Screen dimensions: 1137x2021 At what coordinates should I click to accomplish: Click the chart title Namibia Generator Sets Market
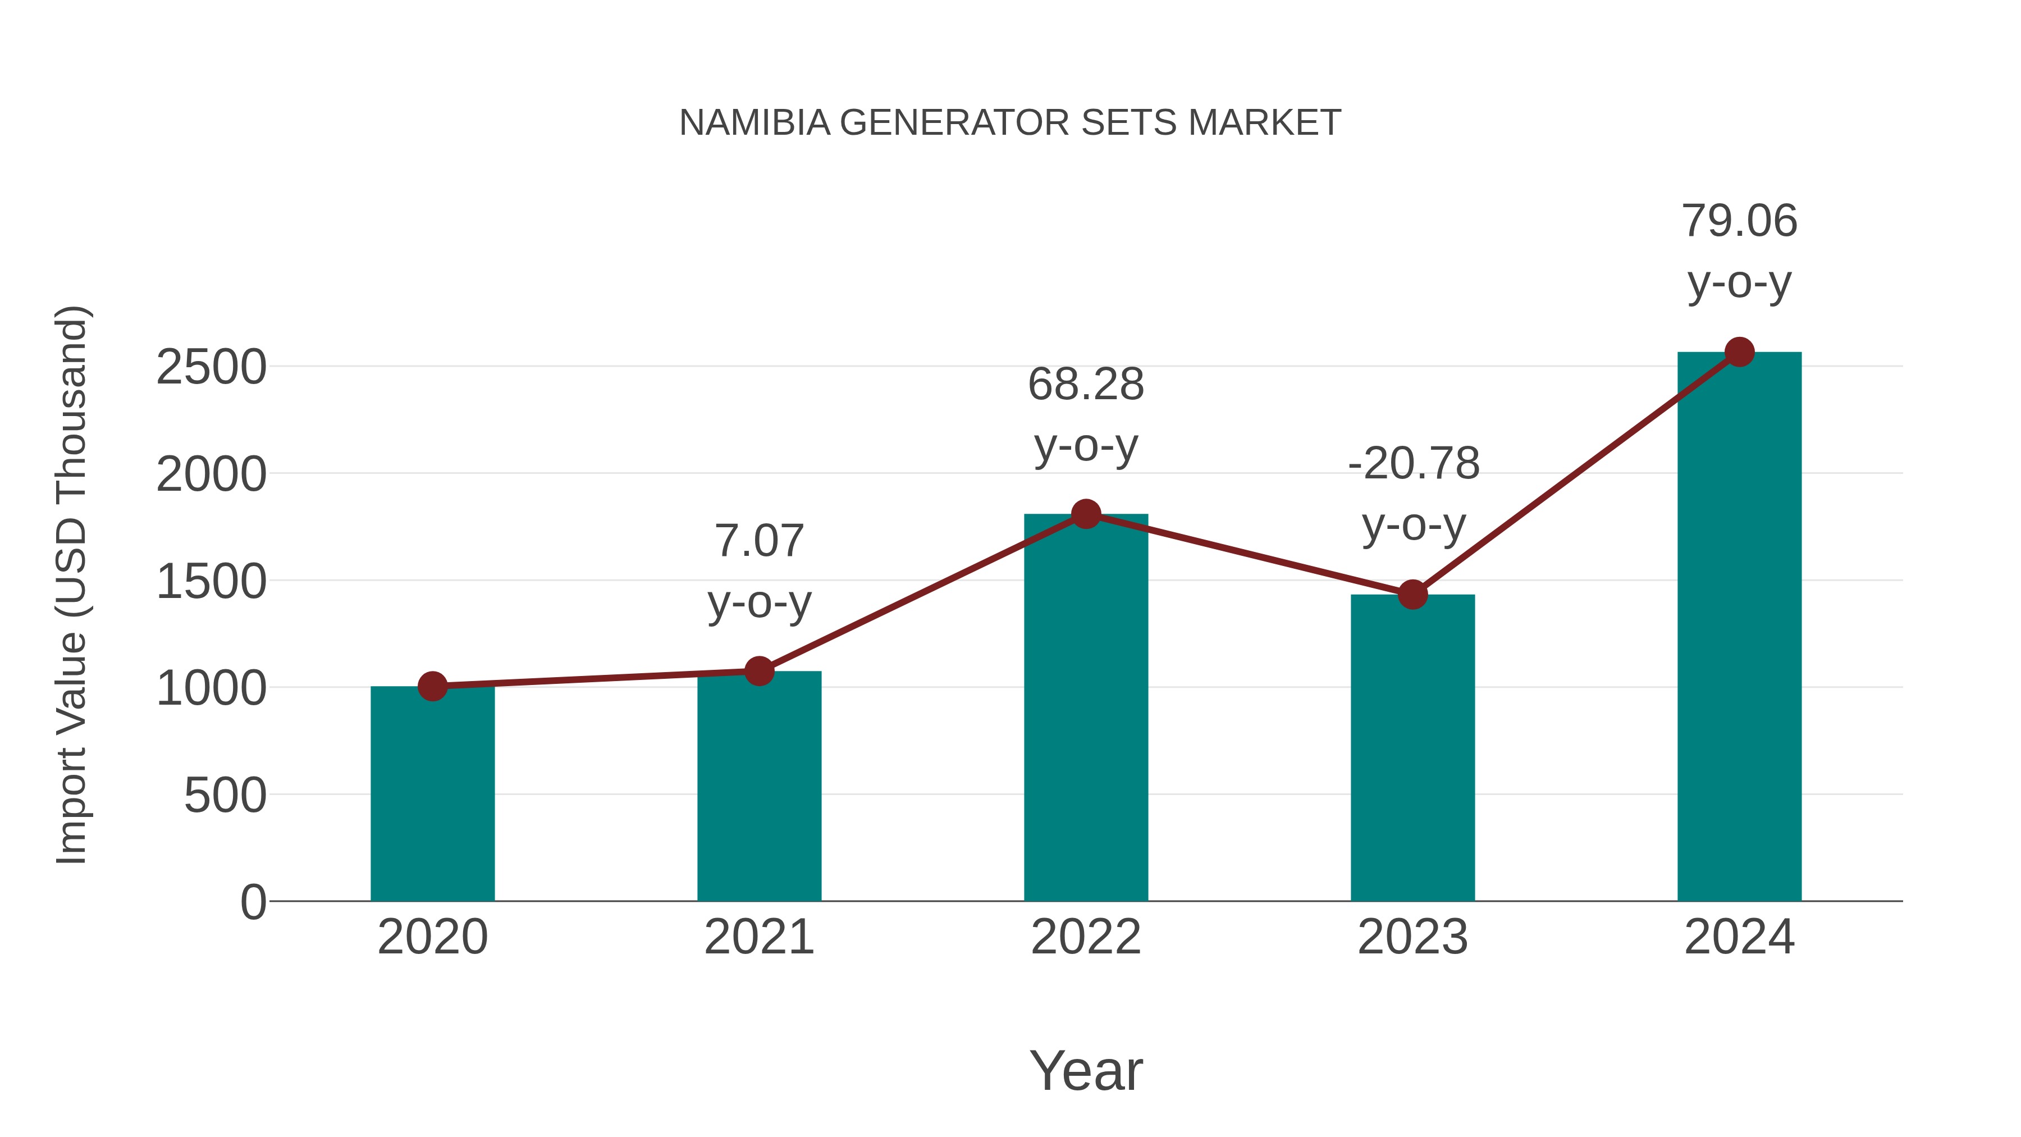point(1010,123)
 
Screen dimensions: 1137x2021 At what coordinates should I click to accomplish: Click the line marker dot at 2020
point(432,687)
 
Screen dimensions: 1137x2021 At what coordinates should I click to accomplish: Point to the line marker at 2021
point(758,671)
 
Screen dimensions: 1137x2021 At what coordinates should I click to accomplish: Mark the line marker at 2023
point(1412,595)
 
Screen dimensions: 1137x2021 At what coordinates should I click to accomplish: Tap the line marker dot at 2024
point(1739,352)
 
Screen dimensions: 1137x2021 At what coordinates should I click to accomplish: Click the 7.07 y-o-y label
point(758,570)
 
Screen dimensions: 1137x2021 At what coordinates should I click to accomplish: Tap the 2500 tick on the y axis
point(211,367)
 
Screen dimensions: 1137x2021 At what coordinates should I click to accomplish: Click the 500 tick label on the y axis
point(225,796)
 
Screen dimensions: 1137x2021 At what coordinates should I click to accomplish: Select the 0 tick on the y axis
point(253,902)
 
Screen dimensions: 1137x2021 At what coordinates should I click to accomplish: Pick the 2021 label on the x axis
point(758,937)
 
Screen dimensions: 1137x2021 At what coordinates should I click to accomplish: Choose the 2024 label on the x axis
point(1739,937)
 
